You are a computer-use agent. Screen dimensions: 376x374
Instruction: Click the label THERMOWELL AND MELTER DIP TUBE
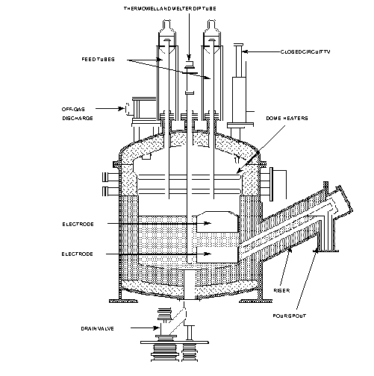(187, 7)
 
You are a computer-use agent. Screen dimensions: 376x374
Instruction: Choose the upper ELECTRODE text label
(79, 223)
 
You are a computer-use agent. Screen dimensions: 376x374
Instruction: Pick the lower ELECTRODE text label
(79, 254)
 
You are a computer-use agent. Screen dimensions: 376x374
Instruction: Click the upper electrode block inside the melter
(214, 222)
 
